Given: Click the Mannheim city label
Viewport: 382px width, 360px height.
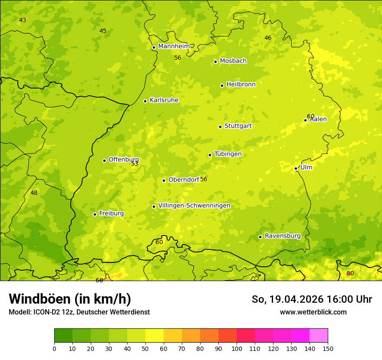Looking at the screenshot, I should [174, 46].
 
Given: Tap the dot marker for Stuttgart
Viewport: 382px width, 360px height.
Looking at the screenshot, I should [220, 127].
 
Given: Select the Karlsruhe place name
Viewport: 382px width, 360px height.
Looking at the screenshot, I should [164, 100].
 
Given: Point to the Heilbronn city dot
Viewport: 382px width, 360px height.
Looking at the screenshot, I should [222, 85].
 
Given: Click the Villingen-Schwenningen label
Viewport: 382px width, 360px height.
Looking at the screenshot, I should [194, 206].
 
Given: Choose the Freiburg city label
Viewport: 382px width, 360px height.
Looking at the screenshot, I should [111, 213].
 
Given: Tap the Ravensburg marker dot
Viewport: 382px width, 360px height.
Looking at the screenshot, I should [260, 237].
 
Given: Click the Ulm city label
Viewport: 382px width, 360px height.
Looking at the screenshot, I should [306, 167].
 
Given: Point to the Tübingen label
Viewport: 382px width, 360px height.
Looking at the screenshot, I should [227, 154].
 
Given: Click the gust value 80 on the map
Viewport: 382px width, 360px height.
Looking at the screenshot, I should [350, 274].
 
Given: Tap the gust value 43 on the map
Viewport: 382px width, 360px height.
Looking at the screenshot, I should [23, 20].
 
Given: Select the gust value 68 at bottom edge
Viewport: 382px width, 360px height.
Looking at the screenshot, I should [99, 280].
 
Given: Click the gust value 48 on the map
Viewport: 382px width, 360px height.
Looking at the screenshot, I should [34, 193].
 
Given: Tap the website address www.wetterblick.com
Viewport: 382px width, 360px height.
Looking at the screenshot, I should [313, 312].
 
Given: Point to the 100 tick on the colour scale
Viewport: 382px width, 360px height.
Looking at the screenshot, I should [237, 348].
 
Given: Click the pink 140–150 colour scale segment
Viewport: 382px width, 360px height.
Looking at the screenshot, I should [319, 336].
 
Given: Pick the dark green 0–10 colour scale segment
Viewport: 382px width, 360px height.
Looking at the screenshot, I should [63, 336].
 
